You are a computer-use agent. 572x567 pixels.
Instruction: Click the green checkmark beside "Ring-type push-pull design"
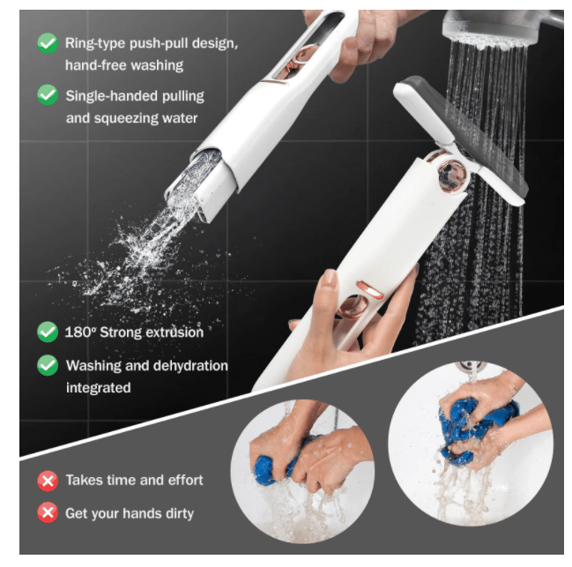click(x=47, y=42)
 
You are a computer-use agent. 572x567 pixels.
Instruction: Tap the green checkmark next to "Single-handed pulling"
click(x=47, y=94)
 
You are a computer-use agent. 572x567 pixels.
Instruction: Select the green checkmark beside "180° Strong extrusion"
click(x=47, y=332)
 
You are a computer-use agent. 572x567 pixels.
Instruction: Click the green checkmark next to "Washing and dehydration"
click(x=47, y=365)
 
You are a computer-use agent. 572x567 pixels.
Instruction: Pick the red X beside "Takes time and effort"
click(x=47, y=481)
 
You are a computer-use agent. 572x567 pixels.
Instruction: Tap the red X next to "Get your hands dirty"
click(x=47, y=512)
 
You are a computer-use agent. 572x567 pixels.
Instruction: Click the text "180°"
click(x=82, y=332)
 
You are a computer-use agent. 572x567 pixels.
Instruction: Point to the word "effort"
click(x=183, y=481)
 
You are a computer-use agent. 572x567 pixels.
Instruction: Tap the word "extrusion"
click(x=173, y=332)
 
